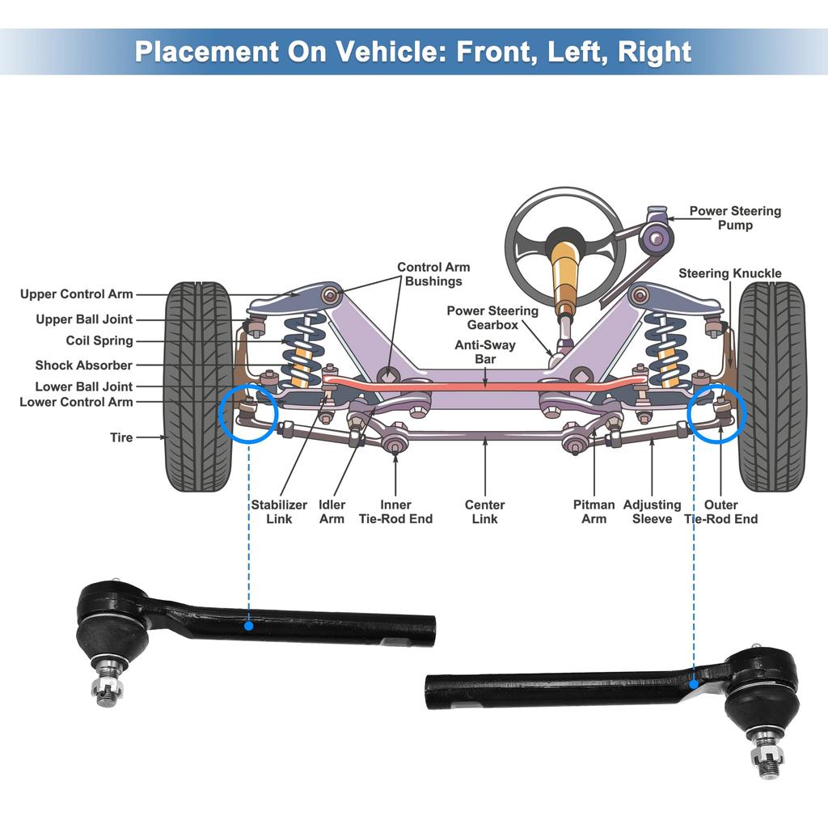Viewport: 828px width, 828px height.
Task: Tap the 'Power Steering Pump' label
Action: point(734,218)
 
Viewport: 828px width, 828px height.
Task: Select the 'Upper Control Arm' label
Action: point(77,294)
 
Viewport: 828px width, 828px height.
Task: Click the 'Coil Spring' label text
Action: point(99,340)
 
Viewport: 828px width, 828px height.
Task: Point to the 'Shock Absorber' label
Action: point(83,365)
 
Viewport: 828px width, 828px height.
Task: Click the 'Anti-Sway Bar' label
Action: point(485,352)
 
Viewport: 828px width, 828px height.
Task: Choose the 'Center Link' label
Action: point(484,511)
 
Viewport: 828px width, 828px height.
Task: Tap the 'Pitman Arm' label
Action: point(594,511)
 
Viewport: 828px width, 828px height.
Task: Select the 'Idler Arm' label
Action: point(332,511)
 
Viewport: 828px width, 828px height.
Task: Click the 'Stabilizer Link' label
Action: point(279,511)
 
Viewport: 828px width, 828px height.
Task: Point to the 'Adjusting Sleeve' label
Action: point(652,511)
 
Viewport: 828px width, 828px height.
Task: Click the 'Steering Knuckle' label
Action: point(729,273)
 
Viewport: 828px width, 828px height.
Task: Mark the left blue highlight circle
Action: point(249,413)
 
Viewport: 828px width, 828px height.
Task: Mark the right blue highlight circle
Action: point(717,413)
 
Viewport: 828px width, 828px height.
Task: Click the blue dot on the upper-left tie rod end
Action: point(249,625)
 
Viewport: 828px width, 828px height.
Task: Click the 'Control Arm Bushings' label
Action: point(433,274)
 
